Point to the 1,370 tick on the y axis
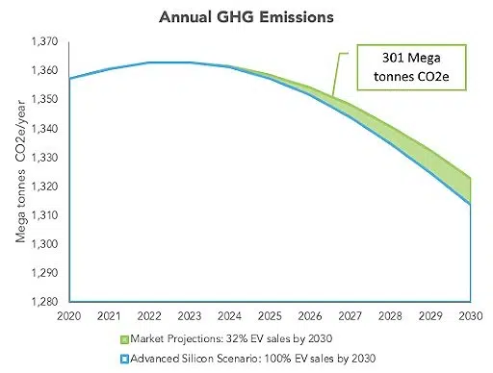43,43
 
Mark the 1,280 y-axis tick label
43,301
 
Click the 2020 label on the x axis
68,314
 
